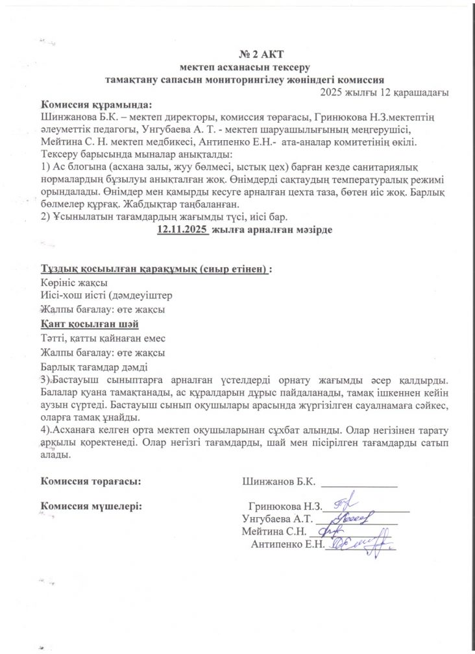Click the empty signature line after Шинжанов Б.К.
pyautogui.click(x=359, y=484)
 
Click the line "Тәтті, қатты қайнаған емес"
pyautogui.click(x=104, y=338)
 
